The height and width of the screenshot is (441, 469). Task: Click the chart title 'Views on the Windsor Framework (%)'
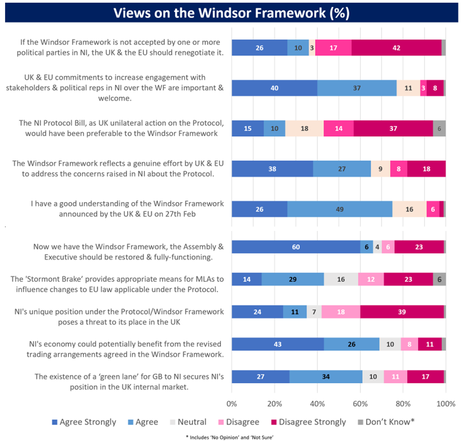pos(231,13)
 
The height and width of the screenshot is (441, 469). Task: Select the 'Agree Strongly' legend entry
pos(84,422)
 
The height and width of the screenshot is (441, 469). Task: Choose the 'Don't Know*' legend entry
pos(385,422)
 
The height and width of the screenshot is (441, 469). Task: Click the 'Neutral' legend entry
pos(187,422)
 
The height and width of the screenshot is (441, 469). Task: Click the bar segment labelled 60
pos(296,247)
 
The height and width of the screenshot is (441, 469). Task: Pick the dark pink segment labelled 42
pos(396,47)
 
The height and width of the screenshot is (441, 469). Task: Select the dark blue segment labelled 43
pos(277,344)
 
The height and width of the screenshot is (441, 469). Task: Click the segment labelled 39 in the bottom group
pos(402,312)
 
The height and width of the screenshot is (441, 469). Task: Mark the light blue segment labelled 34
pos(326,377)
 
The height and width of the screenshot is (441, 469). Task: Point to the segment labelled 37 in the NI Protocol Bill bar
pos(393,129)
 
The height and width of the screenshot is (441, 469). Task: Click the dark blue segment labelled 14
pos(246,279)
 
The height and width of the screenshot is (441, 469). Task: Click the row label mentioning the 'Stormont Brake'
pos(117,284)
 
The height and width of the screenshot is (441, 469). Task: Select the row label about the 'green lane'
pos(129,381)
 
